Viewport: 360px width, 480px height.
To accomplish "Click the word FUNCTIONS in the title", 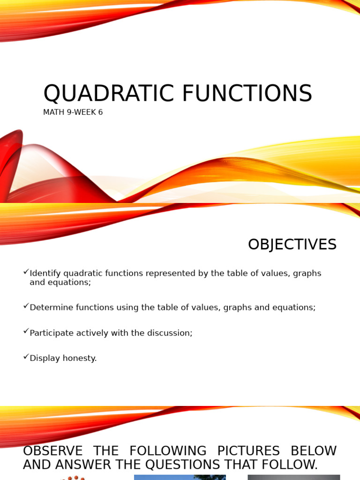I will (247, 94).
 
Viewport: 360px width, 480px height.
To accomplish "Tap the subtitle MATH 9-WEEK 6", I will (73, 112).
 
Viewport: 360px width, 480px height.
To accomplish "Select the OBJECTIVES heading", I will (292, 245).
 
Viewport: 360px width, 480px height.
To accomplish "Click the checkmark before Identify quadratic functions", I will (26, 272).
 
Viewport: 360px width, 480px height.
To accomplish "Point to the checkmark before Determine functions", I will (26, 306).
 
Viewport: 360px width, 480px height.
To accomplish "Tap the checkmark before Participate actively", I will (26, 331).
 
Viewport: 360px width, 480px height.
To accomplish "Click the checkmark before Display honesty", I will (26, 357).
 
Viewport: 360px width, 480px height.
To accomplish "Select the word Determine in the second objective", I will (49, 307).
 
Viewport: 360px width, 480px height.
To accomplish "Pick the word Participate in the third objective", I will (50, 333).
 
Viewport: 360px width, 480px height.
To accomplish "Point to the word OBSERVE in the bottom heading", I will (52, 451).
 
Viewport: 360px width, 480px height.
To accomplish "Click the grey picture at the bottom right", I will (293, 477).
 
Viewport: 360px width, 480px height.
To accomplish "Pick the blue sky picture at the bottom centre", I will (180, 477).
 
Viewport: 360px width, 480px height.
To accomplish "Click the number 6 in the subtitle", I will (100, 112).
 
